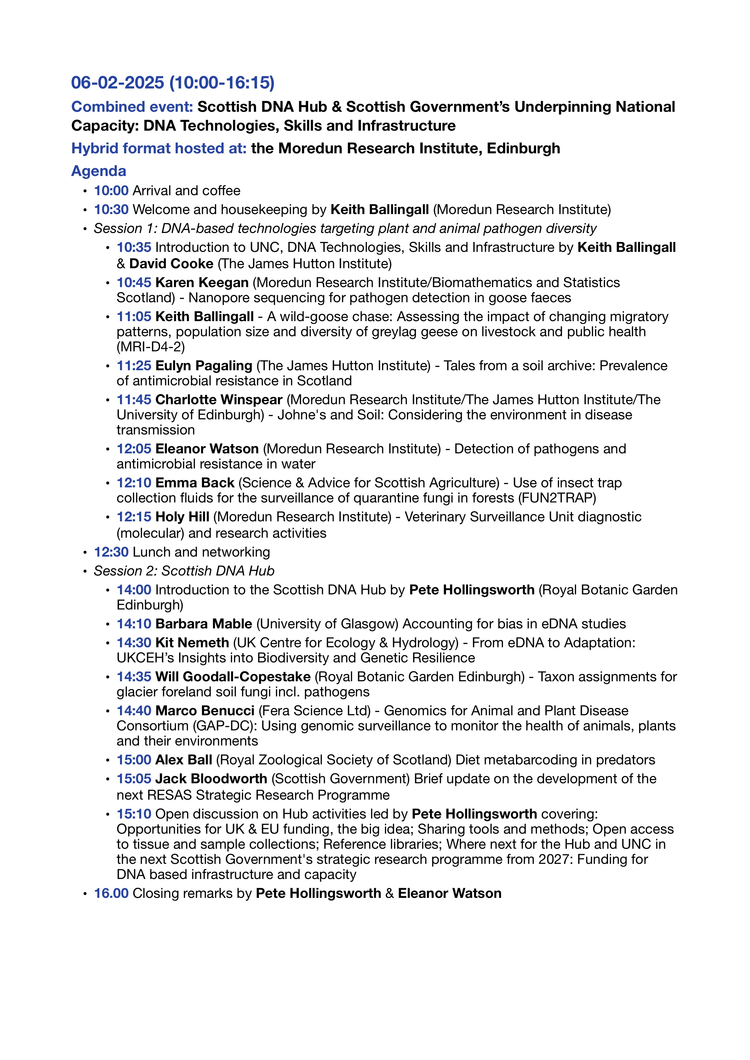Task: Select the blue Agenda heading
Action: pos(98,171)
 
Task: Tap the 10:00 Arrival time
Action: pos(111,191)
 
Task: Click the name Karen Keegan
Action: pos(202,282)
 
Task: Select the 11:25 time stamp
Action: pos(134,366)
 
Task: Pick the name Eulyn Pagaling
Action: pos(204,366)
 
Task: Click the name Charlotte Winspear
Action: pos(219,400)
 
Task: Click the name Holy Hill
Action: pos(182,517)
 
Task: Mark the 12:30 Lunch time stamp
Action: pos(111,552)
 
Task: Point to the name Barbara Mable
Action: pos(204,624)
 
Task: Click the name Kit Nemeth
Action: pos(192,643)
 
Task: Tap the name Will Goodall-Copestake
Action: pos(233,677)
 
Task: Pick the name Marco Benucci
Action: pos(205,711)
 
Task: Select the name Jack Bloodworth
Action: pos(211,779)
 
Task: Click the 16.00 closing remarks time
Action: pos(111,893)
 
